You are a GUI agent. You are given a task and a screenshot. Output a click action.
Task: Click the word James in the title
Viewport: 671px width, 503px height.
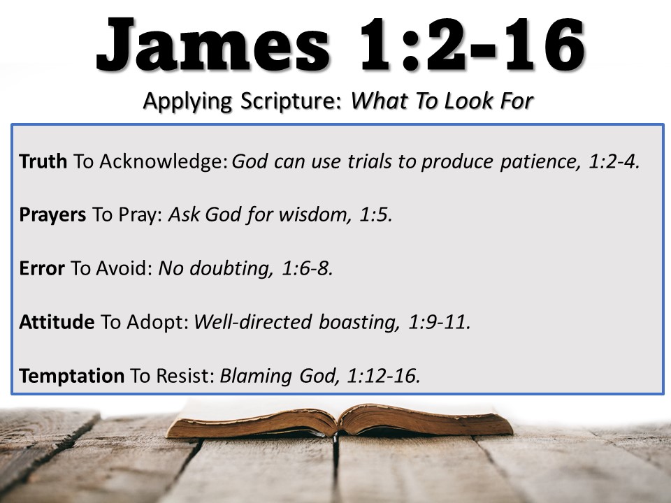point(213,45)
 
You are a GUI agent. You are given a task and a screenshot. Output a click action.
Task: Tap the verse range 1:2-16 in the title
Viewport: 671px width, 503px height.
point(472,45)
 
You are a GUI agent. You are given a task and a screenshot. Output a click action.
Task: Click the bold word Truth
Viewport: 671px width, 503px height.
point(43,161)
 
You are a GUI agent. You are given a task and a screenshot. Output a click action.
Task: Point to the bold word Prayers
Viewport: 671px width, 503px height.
point(52,214)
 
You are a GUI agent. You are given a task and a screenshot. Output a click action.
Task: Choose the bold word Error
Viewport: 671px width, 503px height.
point(42,268)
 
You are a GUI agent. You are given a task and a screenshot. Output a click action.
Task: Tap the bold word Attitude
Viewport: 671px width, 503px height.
point(57,321)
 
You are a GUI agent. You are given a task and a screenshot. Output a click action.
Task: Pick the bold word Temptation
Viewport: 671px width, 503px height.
point(72,376)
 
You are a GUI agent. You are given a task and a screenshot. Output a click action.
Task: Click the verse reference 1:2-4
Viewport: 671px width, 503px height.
point(614,161)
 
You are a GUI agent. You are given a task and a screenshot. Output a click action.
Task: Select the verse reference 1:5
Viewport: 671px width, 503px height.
point(375,214)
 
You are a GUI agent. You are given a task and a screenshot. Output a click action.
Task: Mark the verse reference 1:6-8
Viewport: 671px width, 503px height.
point(308,268)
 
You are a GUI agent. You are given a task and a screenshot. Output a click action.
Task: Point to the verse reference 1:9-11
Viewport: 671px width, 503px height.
point(440,321)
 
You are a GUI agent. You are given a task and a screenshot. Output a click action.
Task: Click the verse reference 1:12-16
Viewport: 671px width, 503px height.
point(384,376)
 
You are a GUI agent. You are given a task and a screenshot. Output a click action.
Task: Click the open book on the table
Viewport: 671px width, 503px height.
point(340,421)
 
